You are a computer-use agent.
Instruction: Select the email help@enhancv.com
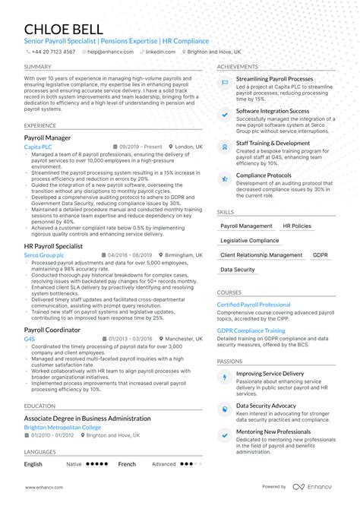click(x=109, y=52)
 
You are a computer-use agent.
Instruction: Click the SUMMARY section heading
click(x=37, y=67)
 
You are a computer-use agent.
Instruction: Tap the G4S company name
click(x=30, y=340)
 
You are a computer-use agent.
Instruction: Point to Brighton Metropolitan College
click(x=66, y=427)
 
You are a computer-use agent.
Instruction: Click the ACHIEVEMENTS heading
click(x=238, y=67)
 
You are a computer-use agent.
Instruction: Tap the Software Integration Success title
click(x=273, y=110)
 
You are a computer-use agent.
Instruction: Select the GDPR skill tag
click(x=321, y=255)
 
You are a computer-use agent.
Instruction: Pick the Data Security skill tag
click(x=238, y=270)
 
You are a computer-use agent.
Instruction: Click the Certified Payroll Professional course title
click(x=260, y=305)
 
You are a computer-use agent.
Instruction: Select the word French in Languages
click(x=128, y=463)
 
